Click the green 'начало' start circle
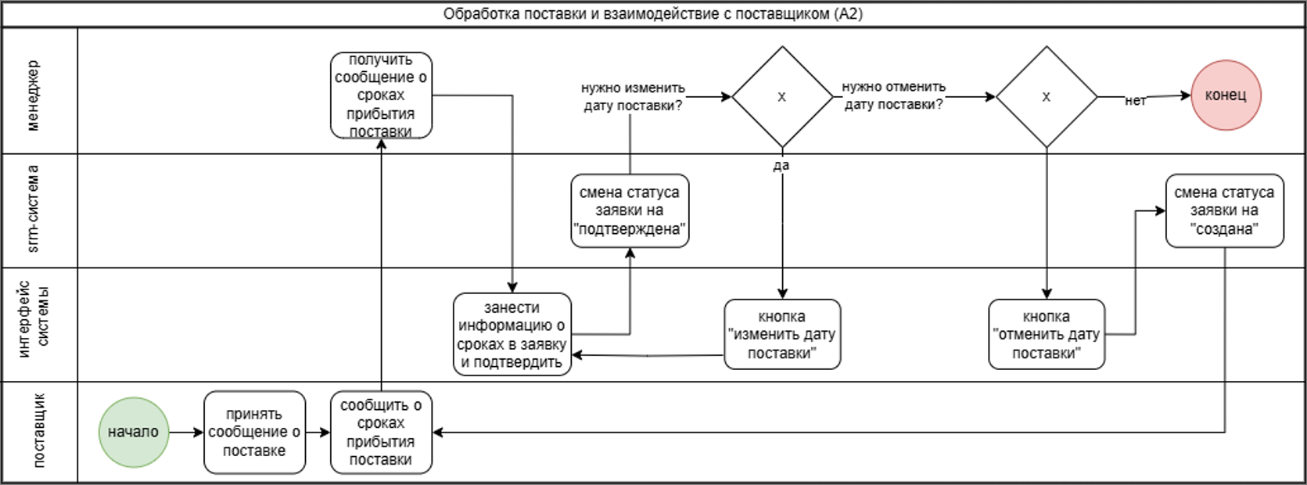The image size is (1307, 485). [x=134, y=432]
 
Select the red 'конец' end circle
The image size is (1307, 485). [x=1226, y=95]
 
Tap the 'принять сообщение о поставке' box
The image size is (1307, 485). [x=254, y=432]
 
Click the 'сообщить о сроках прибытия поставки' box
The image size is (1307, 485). [x=381, y=432]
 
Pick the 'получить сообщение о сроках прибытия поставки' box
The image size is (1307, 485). [x=381, y=95]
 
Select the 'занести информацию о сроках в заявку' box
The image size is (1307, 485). [x=512, y=334]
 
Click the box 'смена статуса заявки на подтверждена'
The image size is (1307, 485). [x=630, y=210]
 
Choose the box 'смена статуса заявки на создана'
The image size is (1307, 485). [x=1224, y=210]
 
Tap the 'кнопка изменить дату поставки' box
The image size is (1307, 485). [x=782, y=334]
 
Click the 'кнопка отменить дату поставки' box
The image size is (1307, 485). [x=1047, y=334]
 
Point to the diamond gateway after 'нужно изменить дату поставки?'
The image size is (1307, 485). [x=782, y=97]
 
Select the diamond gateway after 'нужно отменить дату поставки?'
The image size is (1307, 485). [x=1047, y=97]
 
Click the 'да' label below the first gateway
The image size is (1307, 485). [x=781, y=165]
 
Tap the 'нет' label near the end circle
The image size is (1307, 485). [x=1135, y=100]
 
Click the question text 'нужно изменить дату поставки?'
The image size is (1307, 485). [x=633, y=96]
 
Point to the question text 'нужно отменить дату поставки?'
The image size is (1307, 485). [x=893, y=95]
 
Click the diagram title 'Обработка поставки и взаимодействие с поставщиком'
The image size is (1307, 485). [x=652, y=14]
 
